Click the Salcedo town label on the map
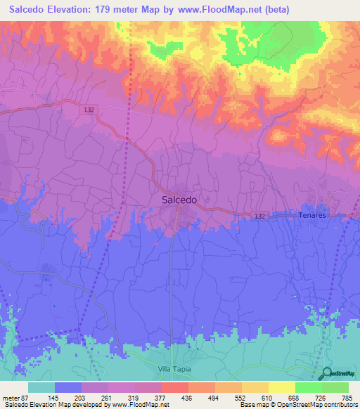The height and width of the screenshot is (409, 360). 179,200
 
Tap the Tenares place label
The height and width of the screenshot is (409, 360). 312,216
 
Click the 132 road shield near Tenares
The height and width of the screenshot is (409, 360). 260,215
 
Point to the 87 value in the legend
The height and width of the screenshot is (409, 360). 24,398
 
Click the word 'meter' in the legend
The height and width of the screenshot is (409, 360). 10,398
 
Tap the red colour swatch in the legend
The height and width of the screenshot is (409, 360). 174,387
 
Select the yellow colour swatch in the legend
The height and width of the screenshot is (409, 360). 281,387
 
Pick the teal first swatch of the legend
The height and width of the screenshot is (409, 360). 41,387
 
